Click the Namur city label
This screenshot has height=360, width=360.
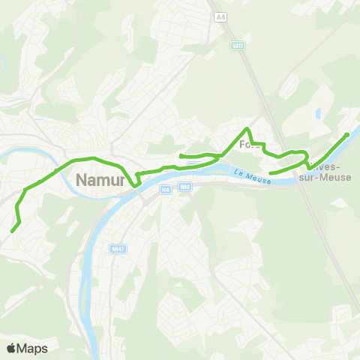tap(100, 181)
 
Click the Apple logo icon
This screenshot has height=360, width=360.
tap(11, 348)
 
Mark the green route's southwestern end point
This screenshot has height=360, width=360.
tap(12, 231)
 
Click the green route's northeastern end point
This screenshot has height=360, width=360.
tap(346, 134)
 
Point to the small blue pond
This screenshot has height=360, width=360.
tap(319, 114)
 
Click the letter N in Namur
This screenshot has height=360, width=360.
tap(82, 181)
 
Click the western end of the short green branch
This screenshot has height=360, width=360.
tap(181, 156)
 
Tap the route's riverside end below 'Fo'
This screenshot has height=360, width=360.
tap(270, 173)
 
